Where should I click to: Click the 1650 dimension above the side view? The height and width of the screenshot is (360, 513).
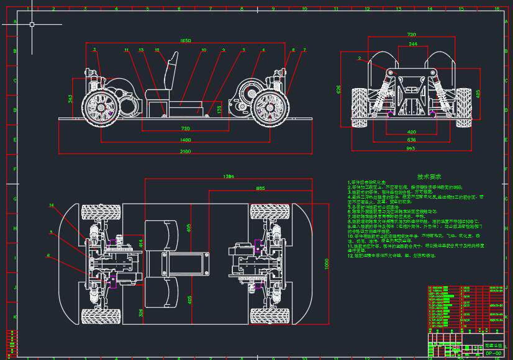click(x=184, y=40)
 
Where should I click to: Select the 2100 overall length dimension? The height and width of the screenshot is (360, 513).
click(x=186, y=151)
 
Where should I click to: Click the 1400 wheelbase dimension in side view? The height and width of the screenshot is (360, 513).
click(x=186, y=140)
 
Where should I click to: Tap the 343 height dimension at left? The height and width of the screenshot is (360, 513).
click(x=70, y=98)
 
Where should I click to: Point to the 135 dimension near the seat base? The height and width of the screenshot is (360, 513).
click(x=219, y=109)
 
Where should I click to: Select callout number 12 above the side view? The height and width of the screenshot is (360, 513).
click(x=157, y=50)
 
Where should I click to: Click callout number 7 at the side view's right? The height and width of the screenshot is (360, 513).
click(x=304, y=50)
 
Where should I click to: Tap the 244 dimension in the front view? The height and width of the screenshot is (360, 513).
click(x=413, y=45)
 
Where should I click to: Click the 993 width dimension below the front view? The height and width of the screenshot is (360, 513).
click(x=411, y=148)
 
